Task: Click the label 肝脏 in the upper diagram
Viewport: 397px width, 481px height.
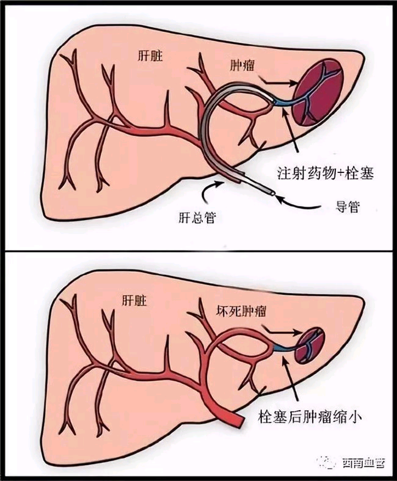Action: coord(150,56)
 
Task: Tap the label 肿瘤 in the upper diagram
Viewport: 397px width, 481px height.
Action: coord(242,65)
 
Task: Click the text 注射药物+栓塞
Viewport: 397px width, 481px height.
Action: coord(326,173)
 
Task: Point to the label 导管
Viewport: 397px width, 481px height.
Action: coord(347,207)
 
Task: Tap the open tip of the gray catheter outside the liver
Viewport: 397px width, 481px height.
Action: coord(272,193)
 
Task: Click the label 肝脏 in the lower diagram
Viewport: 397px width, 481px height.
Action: coord(134,301)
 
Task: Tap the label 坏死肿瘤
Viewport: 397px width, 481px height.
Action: coord(241,312)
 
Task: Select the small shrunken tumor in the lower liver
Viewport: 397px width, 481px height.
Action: coord(310,345)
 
